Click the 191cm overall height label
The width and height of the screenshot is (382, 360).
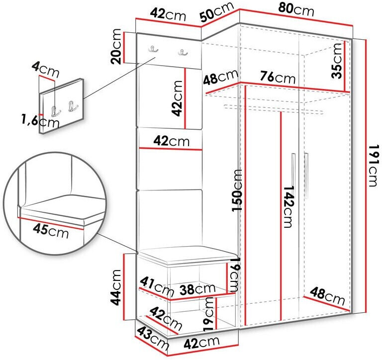click(x=374, y=166)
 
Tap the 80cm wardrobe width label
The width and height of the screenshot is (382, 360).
click(x=296, y=10)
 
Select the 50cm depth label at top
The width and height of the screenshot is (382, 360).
click(x=216, y=12)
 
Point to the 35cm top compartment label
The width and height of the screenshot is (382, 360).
click(x=337, y=61)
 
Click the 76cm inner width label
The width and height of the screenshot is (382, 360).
click(x=278, y=77)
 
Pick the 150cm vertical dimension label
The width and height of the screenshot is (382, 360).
click(x=237, y=190)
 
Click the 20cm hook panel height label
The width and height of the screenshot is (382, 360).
click(x=116, y=46)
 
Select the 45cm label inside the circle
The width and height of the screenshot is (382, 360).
click(x=51, y=230)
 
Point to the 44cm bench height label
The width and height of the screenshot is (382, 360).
click(x=116, y=287)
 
